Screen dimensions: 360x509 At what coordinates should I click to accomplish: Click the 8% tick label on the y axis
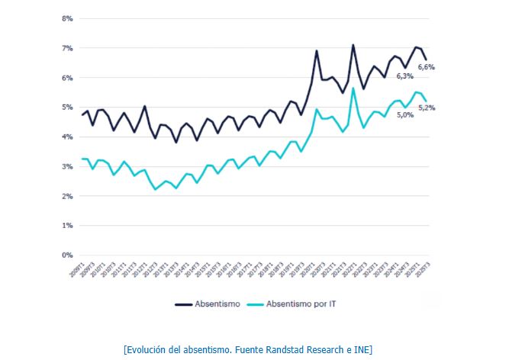67,18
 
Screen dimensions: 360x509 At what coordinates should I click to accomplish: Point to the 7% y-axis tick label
67,47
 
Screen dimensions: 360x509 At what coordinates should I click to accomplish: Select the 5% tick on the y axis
67,107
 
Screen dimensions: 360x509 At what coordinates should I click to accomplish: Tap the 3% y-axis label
67,166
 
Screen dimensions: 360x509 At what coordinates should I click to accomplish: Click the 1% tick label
67,226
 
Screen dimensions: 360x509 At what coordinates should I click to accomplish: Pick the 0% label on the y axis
67,256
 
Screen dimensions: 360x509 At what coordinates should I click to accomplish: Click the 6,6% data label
427,67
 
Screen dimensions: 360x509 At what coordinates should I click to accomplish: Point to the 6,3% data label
404,76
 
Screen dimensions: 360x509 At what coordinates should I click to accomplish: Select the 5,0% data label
404,114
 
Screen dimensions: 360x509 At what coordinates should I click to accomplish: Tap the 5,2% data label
427,108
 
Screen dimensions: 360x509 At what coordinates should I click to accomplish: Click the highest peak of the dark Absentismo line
353,45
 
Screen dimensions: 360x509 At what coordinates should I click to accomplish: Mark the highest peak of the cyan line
353,88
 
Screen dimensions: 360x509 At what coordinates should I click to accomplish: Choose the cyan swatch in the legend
256,304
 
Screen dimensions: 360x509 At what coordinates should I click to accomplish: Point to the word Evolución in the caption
150,349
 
